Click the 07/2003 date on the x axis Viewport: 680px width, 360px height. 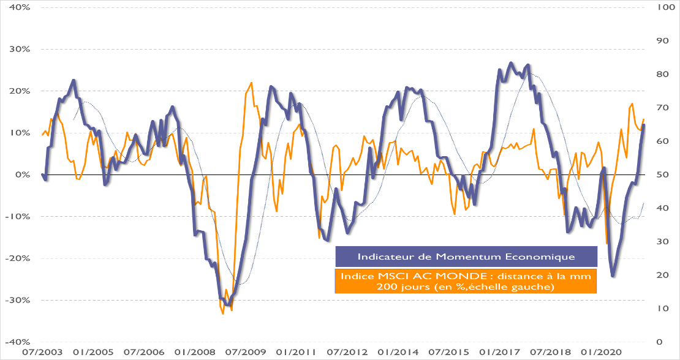point(42,353)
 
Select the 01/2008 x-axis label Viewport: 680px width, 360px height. point(194,353)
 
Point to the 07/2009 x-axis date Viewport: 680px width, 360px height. point(245,353)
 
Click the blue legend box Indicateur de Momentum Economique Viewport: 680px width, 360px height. point(466,256)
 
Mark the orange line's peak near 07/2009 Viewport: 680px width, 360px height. point(251,83)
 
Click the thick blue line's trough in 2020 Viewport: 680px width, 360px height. point(613,276)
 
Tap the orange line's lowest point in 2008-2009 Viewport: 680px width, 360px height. point(223,313)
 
